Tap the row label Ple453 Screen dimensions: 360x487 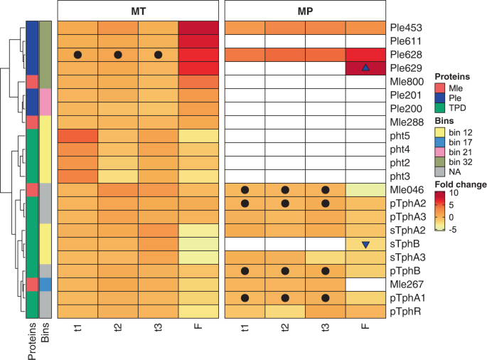(x=406, y=28)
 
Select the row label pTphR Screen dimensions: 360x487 (x=405, y=312)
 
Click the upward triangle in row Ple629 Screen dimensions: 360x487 (x=365, y=68)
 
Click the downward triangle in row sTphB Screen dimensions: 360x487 (x=365, y=245)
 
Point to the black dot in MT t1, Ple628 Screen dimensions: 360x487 (x=77, y=55)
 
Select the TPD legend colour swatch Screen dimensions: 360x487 (x=439, y=108)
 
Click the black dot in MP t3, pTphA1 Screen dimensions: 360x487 (x=325, y=298)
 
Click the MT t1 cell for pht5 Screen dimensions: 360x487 (x=77, y=136)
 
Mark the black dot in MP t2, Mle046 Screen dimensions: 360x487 (x=284, y=190)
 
